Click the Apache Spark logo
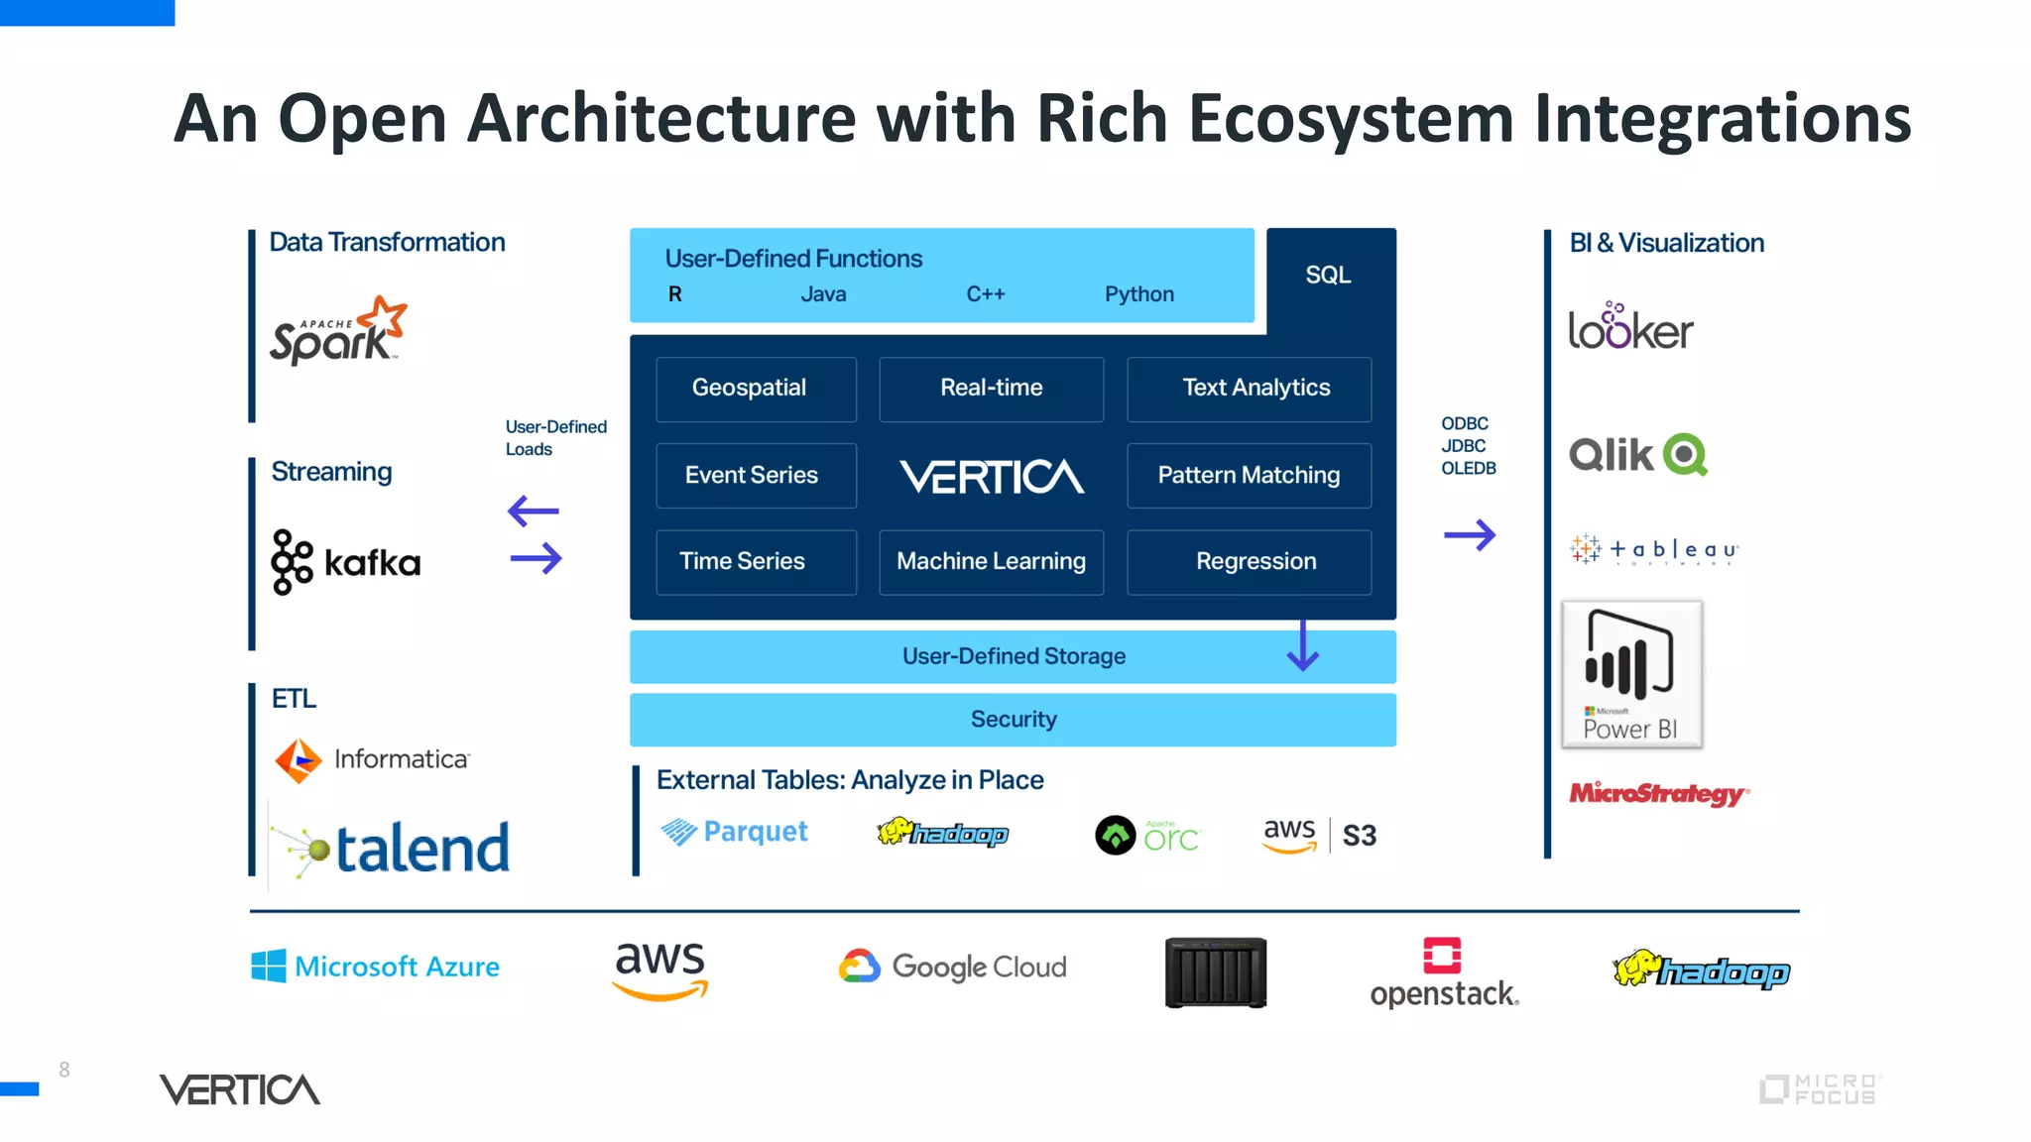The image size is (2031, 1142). point(337,332)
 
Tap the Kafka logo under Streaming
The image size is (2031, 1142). point(345,562)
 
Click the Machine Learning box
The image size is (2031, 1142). point(991,562)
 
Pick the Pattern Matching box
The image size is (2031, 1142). point(1249,476)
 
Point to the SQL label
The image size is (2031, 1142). point(1328,276)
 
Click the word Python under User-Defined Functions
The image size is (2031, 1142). point(1138,294)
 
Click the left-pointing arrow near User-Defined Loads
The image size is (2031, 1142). point(534,512)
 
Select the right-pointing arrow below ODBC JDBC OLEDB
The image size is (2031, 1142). point(1469,535)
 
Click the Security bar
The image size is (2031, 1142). point(1013,720)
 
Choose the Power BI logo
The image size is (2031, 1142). point(1631,674)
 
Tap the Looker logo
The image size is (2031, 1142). point(1630,328)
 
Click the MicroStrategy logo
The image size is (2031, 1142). point(1658,794)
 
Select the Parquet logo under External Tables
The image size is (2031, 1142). point(735,832)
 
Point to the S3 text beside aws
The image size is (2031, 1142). point(1359,836)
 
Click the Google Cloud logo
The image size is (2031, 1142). point(953,967)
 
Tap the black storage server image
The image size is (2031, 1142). point(1216,972)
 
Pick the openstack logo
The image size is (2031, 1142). point(1444,972)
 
